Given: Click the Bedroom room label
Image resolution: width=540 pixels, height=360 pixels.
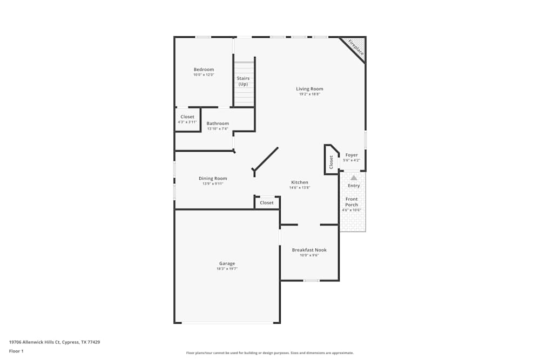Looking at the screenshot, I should click(x=204, y=69).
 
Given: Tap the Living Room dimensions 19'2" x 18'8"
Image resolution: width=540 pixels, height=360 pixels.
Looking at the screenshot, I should click(x=309, y=94).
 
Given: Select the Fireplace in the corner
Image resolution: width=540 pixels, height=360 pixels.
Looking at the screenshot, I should click(x=355, y=47).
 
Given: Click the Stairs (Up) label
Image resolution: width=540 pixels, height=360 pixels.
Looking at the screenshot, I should click(x=243, y=81).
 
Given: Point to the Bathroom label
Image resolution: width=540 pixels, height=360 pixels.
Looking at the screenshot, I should click(x=218, y=123).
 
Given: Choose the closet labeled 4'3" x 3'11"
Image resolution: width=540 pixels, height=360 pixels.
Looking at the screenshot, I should click(x=187, y=119).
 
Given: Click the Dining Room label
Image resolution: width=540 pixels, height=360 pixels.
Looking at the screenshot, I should click(x=213, y=178).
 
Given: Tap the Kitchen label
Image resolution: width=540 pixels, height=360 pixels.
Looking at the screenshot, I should click(x=300, y=182).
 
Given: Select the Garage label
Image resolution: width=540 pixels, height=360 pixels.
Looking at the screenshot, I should click(x=227, y=263).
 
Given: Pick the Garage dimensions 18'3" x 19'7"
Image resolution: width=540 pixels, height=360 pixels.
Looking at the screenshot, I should click(x=227, y=269).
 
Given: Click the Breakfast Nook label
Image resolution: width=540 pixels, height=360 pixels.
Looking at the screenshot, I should click(x=309, y=250).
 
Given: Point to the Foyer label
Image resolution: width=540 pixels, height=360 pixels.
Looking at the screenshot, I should click(x=352, y=155).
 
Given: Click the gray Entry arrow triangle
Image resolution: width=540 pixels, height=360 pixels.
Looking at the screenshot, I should click(x=354, y=177).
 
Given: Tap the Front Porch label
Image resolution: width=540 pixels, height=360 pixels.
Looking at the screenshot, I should click(x=352, y=202).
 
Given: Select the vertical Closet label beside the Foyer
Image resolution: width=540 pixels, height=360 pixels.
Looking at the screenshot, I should click(x=331, y=161).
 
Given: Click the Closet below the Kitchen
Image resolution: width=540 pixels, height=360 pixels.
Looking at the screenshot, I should click(x=267, y=203).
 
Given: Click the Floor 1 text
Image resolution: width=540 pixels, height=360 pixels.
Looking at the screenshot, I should click(x=16, y=351).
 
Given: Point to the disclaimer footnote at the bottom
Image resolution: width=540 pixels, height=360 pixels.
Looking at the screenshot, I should click(x=270, y=353).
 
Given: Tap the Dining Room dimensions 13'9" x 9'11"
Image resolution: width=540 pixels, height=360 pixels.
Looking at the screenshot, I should click(x=213, y=184).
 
